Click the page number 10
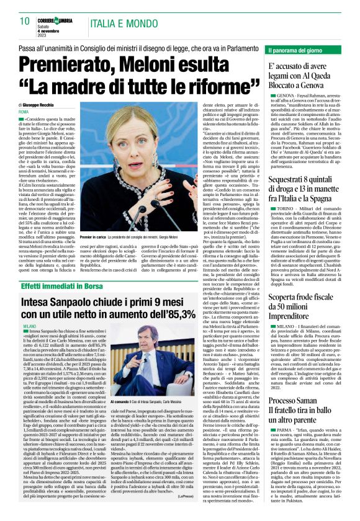click(x=25, y=21)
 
